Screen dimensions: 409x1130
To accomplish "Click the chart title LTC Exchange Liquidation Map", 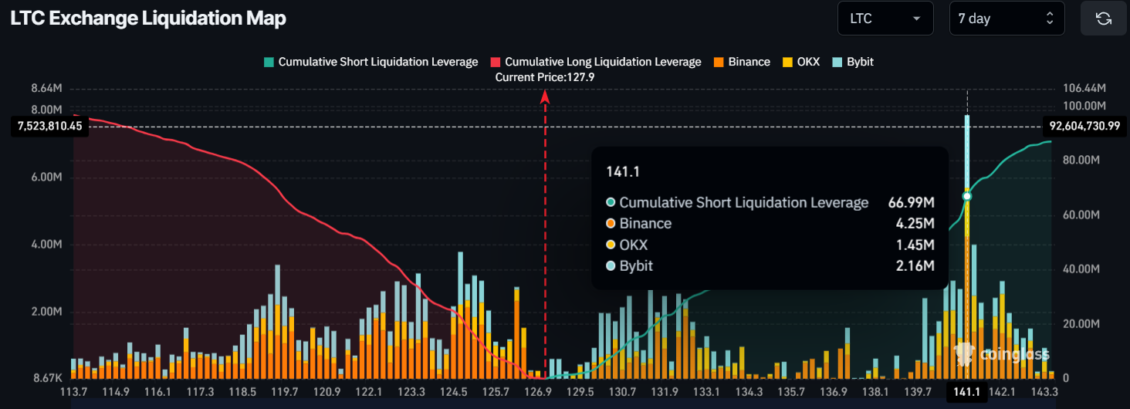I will pyautogui.click(x=148, y=19).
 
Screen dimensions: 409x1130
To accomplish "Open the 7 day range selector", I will pyautogui.click(x=1007, y=19).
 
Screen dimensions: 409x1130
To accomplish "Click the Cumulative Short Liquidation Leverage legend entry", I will pyautogui.click(x=370, y=62).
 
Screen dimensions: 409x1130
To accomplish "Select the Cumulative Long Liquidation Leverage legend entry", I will pyautogui.click(x=596, y=62).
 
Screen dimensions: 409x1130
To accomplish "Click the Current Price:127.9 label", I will pyautogui.click(x=545, y=77).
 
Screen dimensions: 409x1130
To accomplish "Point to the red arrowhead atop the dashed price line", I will pyautogui.click(x=545, y=96).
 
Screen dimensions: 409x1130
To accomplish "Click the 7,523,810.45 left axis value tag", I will pyautogui.click(x=49, y=126).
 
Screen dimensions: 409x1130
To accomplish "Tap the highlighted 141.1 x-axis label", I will pyautogui.click(x=966, y=392).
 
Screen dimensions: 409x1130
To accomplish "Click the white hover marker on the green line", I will pyautogui.click(x=966, y=196).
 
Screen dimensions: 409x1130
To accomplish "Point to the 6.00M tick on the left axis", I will pyautogui.click(x=46, y=177).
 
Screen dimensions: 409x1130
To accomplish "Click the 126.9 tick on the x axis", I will pyautogui.click(x=537, y=392).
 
